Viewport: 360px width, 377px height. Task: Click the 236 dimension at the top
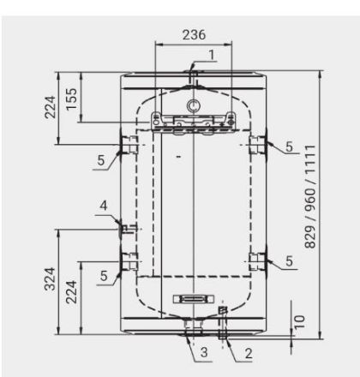point(194,34)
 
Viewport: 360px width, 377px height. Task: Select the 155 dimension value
point(72,99)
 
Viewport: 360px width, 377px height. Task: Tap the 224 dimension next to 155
point(50,107)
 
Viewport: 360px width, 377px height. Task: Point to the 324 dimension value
point(50,279)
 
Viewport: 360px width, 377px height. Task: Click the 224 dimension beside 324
point(71,292)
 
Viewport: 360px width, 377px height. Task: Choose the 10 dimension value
point(299,322)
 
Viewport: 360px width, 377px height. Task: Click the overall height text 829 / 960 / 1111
point(310,197)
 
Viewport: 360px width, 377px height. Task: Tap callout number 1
point(212,55)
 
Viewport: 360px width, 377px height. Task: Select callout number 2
point(249,354)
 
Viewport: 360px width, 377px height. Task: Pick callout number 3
point(204,352)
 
